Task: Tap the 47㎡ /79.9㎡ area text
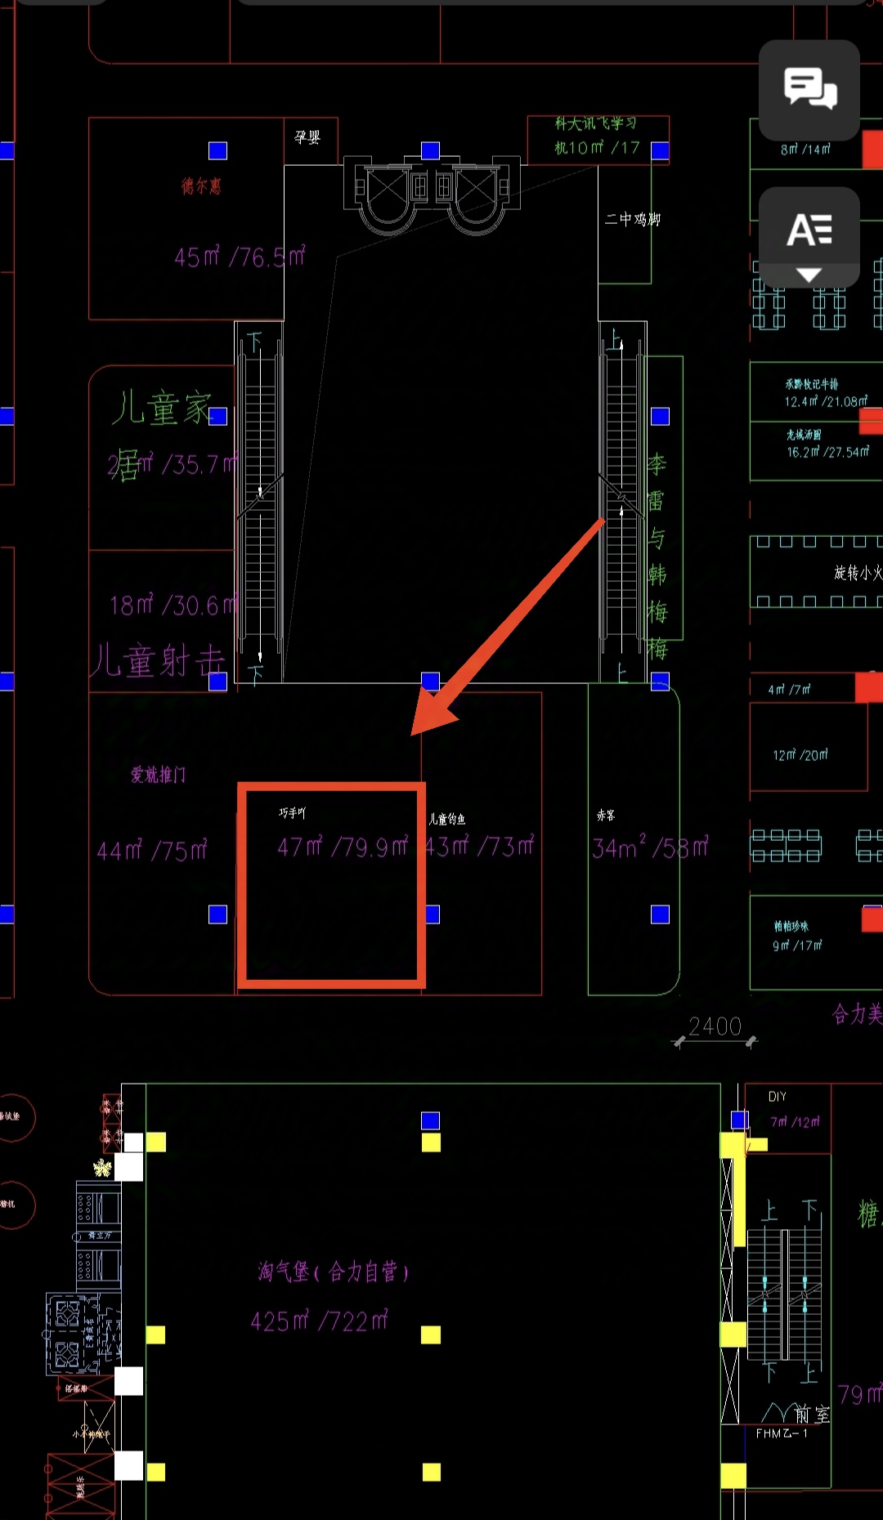pos(342,847)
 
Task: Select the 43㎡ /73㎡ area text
pos(480,846)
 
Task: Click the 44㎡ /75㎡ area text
pos(152,851)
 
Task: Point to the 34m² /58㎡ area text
pos(650,847)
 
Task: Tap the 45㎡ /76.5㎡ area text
pos(240,257)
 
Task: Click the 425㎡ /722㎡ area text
pos(319,1321)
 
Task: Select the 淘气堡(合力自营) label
pos(333,1272)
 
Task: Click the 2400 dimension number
pos(715,1026)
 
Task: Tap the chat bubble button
pos(809,89)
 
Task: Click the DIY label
pos(778,1097)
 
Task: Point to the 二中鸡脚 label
pos(632,219)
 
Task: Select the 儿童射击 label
pos(157,660)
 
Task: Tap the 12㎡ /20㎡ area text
pos(800,755)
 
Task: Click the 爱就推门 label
pos(159,775)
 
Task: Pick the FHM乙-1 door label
pos(782,1433)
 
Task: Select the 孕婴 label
pos(307,137)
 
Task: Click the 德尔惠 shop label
pos(201,186)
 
